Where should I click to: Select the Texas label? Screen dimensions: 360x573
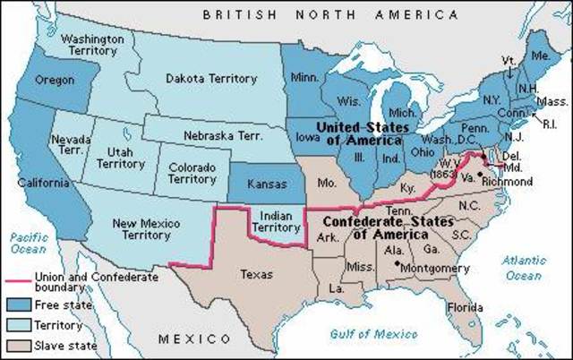(256, 274)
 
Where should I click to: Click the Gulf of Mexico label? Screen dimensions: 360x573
(374, 333)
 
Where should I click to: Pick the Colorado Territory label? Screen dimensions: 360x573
(192, 173)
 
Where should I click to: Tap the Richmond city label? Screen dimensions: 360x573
(507, 181)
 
